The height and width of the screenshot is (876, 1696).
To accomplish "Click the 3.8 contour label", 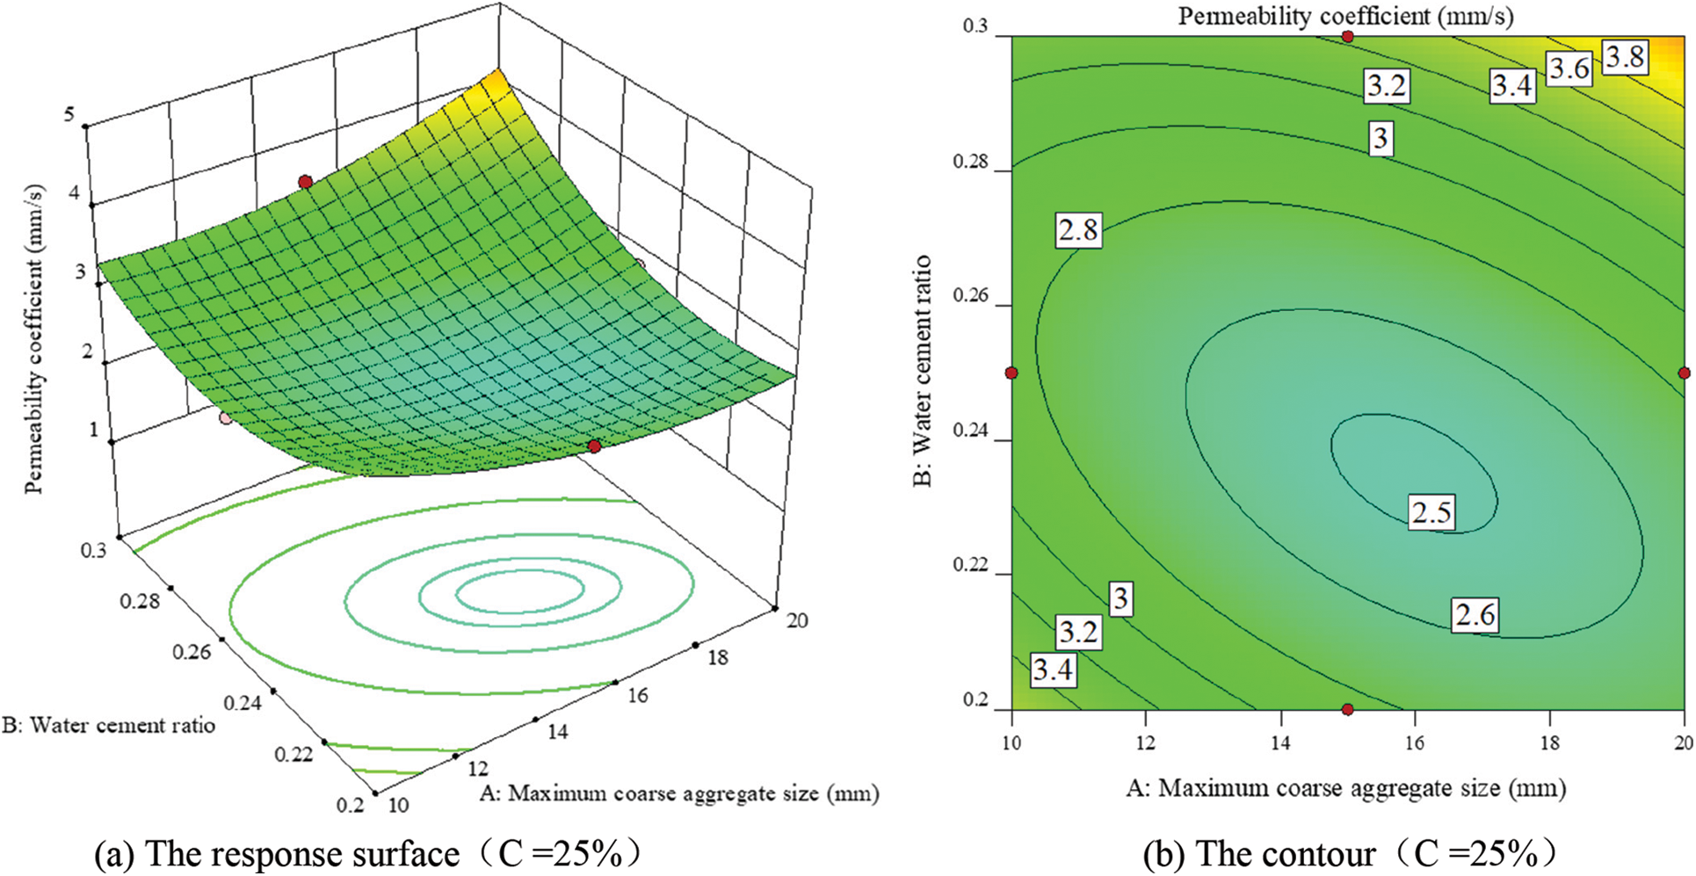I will pyautogui.click(x=1623, y=57).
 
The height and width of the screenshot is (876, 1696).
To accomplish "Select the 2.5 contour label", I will pyautogui.click(x=1431, y=512).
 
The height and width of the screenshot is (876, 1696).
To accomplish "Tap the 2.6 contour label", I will pyautogui.click(x=1474, y=614).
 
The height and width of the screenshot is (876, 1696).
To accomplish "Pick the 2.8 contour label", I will pyautogui.click(x=1077, y=230).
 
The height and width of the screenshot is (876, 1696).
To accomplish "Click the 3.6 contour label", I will pyautogui.click(x=1569, y=69).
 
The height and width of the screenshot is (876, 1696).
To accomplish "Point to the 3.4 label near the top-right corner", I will pyautogui.click(x=1511, y=85).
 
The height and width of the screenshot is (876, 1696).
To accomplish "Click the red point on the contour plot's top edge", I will pyautogui.click(x=1348, y=36).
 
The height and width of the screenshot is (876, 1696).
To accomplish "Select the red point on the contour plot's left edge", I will pyautogui.click(x=1011, y=373).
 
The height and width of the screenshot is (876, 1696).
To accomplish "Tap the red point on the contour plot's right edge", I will pyautogui.click(x=1684, y=373).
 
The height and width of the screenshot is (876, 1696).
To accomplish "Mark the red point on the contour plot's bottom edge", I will pyautogui.click(x=1348, y=709).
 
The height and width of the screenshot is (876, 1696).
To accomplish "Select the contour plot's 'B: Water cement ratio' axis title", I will pyautogui.click(x=922, y=371).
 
